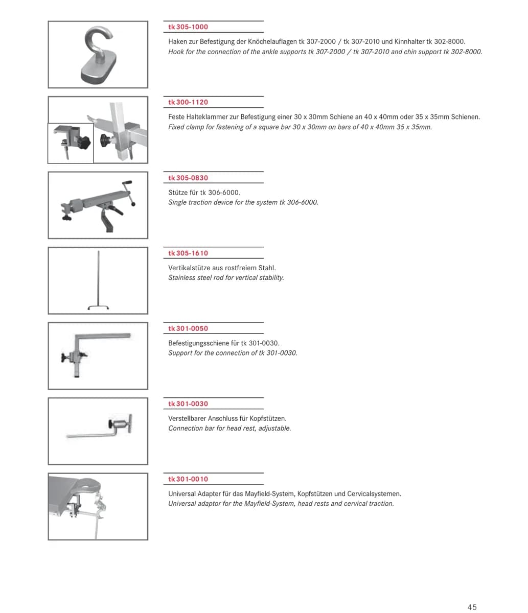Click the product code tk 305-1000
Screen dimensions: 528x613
point(188,27)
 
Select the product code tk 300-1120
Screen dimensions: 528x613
point(188,102)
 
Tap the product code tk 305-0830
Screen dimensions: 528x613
point(188,178)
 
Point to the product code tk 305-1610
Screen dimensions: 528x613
point(188,253)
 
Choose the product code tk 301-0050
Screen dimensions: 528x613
point(188,328)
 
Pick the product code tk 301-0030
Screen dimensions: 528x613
point(188,404)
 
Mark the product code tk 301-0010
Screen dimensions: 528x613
point(188,479)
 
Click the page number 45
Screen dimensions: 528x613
point(472,607)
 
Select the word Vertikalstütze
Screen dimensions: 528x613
point(190,268)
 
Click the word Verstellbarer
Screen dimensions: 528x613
point(187,418)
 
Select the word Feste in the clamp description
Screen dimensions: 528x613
point(176,117)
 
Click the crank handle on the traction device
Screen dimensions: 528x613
point(128,193)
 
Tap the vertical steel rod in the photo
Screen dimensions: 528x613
point(99,280)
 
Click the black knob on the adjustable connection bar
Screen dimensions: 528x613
point(111,425)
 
